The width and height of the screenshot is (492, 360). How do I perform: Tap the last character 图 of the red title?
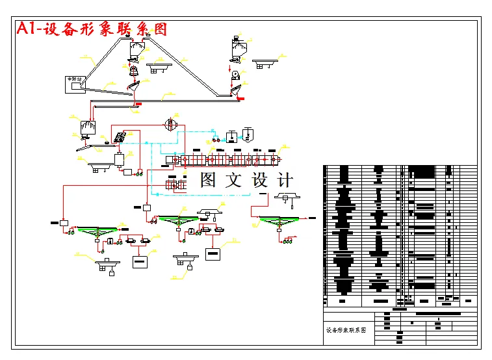160,29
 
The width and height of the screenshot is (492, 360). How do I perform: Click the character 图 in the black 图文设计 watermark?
208,180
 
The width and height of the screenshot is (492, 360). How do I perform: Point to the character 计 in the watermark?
285,180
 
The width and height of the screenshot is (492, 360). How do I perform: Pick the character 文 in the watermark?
233,180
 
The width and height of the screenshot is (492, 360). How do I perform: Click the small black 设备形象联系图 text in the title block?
346,330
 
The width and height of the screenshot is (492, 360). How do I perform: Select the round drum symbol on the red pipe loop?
170,124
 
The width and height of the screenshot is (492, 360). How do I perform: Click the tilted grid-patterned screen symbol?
120,137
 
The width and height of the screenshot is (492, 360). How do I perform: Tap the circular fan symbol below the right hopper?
235,76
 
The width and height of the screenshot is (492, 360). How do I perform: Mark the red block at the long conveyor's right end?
240,98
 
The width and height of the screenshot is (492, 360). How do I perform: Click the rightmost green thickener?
280,222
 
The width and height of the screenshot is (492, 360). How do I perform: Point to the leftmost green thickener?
97,229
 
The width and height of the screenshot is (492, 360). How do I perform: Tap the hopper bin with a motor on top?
236,48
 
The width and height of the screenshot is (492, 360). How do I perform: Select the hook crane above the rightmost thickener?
287,198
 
